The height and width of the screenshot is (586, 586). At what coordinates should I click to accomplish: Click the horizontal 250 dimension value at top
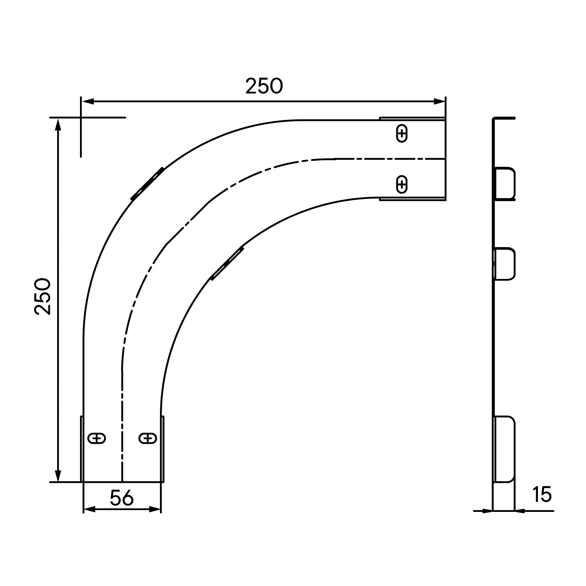(x=264, y=86)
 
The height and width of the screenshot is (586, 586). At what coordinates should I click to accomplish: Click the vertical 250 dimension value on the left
(x=42, y=296)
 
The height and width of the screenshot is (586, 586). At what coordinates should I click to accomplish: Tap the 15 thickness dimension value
(x=542, y=494)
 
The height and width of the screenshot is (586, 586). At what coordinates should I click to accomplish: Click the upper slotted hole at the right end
(x=402, y=133)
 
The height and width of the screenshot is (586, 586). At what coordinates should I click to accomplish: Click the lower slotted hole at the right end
(x=402, y=184)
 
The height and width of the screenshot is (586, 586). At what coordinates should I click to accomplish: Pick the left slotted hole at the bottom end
(x=96, y=439)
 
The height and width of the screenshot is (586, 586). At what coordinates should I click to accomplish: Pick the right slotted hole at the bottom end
(x=148, y=439)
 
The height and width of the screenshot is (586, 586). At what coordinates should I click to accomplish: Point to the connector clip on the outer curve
(x=147, y=184)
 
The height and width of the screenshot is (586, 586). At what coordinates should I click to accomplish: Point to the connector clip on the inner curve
(x=227, y=263)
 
